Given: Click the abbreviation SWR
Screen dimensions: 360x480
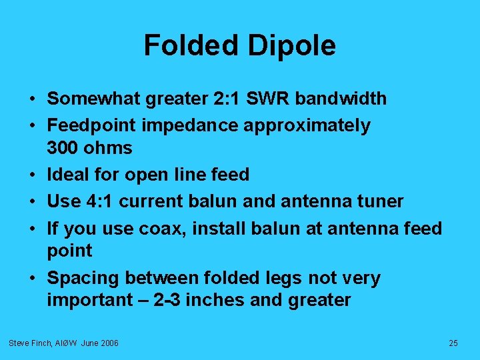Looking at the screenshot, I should pyautogui.click(x=271, y=99).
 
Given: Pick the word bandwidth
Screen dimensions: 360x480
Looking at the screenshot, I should pyautogui.click(x=341, y=99).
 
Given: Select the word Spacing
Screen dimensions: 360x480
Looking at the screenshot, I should pyautogui.click(x=83, y=278).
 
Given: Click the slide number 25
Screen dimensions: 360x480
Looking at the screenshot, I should pyautogui.click(x=453, y=343).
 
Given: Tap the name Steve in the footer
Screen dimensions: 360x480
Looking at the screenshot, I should pyautogui.click(x=19, y=343).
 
